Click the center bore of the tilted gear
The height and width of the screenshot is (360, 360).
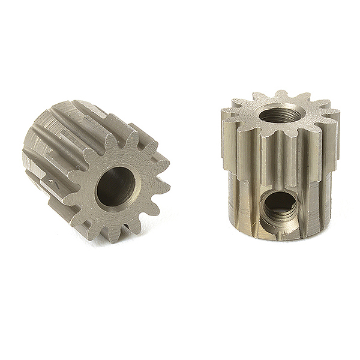point(116,187)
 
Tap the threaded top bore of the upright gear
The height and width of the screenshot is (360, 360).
point(280,113)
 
